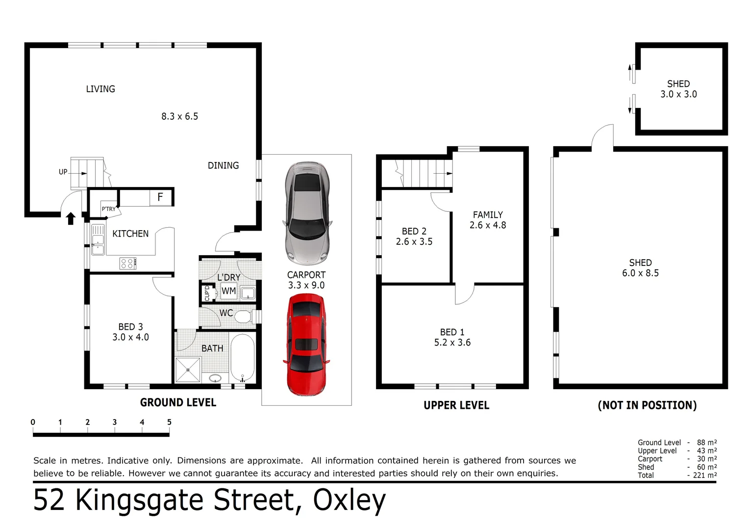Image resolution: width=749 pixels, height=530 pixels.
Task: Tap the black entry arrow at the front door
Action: pyautogui.click(x=71, y=218)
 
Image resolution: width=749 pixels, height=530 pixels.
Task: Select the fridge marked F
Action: pyautogui.click(x=160, y=197)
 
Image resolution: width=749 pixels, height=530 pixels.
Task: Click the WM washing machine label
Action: pyautogui.click(x=228, y=291)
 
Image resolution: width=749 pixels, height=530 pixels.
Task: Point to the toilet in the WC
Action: pyautogui.click(x=243, y=316)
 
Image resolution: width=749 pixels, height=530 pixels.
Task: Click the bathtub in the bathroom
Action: pyautogui.click(x=242, y=358)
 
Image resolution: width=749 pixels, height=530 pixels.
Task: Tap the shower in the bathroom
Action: pyautogui.click(x=188, y=370)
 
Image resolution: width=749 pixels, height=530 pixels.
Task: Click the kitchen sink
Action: pyautogui.click(x=98, y=239)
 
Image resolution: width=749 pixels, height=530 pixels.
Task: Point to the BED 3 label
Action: pyautogui.click(x=130, y=327)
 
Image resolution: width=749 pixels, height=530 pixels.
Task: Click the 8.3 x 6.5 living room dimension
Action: pyautogui.click(x=180, y=116)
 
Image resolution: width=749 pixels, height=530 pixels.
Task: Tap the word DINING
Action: pyautogui.click(x=223, y=165)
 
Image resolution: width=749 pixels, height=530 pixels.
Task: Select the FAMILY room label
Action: pyautogui.click(x=488, y=215)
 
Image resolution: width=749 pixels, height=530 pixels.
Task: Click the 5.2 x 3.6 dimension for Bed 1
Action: pyautogui.click(x=452, y=343)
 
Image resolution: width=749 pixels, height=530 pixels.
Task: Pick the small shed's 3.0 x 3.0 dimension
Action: pyautogui.click(x=678, y=94)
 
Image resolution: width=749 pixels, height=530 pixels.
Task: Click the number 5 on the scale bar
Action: pyautogui.click(x=169, y=422)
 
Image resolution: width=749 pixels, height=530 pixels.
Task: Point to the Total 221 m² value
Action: pyautogui.click(x=704, y=475)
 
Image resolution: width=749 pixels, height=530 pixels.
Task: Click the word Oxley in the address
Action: pyautogui.click(x=349, y=501)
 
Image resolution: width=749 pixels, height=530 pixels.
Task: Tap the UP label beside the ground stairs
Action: pyautogui.click(x=63, y=172)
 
